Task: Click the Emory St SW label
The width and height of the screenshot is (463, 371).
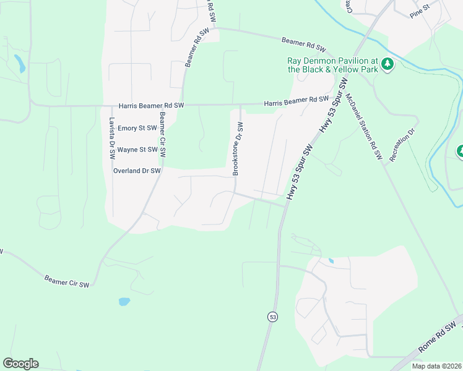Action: coord(137,128)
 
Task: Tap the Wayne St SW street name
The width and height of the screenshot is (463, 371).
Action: coord(137,150)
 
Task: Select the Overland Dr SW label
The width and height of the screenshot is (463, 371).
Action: coord(137,171)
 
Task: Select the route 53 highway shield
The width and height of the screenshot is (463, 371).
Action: coord(272,317)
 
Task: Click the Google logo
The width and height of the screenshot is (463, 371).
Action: coord(20,364)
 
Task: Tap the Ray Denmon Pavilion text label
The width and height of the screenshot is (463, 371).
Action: coord(332,65)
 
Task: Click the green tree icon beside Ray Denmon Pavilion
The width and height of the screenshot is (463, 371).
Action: coord(387,64)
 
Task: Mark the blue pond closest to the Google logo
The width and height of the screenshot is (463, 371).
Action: coord(124,302)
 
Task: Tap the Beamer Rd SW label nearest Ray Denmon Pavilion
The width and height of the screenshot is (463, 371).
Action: coord(303,43)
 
